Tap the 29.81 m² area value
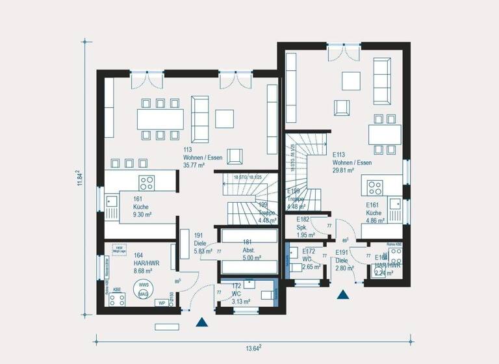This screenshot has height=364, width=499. (342, 170)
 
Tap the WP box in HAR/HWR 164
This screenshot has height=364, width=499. (161, 303)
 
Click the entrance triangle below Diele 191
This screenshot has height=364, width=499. (203, 322)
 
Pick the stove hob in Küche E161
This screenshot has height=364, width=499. (376, 188)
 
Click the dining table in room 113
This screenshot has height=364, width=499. (160, 119)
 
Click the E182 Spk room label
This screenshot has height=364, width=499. (303, 224)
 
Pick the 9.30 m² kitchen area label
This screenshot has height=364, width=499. (143, 214)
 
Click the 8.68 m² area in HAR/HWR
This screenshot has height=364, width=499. (142, 270)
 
